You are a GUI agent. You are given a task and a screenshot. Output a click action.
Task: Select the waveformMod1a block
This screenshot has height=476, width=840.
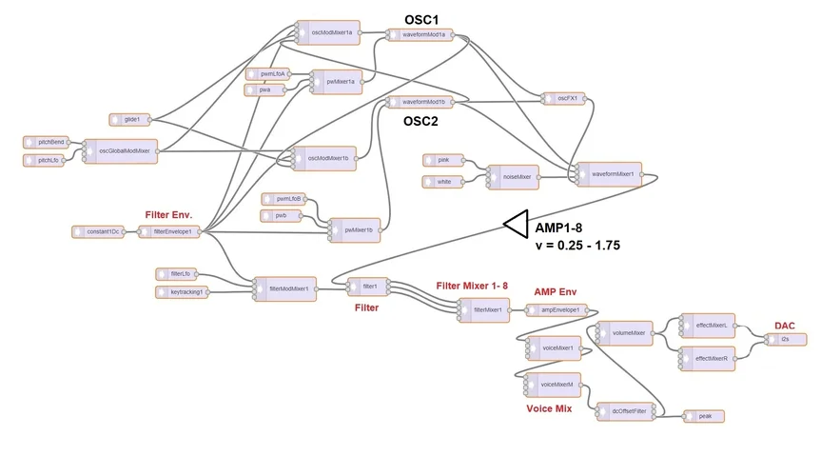(420, 35)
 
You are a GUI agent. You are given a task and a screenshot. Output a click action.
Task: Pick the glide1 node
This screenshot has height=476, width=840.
(130, 119)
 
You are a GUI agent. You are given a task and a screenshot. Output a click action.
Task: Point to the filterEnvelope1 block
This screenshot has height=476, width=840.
(171, 231)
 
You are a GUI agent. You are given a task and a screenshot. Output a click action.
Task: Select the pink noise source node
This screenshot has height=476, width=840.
(442, 160)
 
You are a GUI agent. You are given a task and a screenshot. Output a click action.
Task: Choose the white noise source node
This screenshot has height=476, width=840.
(442, 181)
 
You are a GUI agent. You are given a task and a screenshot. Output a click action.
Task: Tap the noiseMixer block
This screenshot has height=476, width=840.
(512, 174)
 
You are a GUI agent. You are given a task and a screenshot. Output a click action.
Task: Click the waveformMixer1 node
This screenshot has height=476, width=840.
(608, 174)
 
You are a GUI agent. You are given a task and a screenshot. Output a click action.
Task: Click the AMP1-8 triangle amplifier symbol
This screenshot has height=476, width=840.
(515, 224)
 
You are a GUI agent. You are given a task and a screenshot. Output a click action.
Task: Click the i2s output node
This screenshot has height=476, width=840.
(787, 338)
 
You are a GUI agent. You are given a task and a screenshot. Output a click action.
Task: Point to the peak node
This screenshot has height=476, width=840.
(704, 416)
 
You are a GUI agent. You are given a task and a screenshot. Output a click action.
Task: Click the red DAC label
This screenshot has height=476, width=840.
(785, 325)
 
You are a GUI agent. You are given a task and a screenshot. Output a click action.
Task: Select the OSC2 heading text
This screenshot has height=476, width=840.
(420, 121)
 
